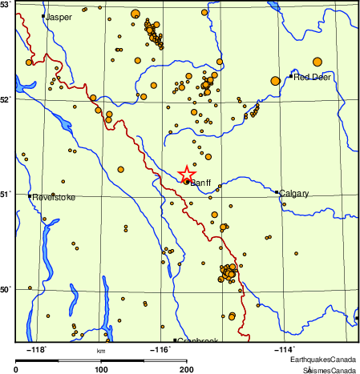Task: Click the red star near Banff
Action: point(186,173)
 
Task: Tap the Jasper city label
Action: point(59,17)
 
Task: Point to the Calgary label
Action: point(294,193)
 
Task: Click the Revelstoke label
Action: point(53,196)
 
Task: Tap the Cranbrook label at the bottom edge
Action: point(197,340)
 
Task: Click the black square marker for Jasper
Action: point(43,16)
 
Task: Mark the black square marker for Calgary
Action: point(277,192)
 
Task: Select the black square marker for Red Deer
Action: point(290,76)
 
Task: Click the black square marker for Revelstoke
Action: point(30,195)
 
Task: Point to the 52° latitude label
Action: point(6,99)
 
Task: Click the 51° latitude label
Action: point(6,194)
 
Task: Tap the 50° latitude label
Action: point(6,288)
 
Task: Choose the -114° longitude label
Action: point(285,348)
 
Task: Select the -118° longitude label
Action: point(37,348)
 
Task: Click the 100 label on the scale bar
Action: point(102,369)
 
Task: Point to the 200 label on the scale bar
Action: point(187,369)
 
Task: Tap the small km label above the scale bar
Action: point(101,350)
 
